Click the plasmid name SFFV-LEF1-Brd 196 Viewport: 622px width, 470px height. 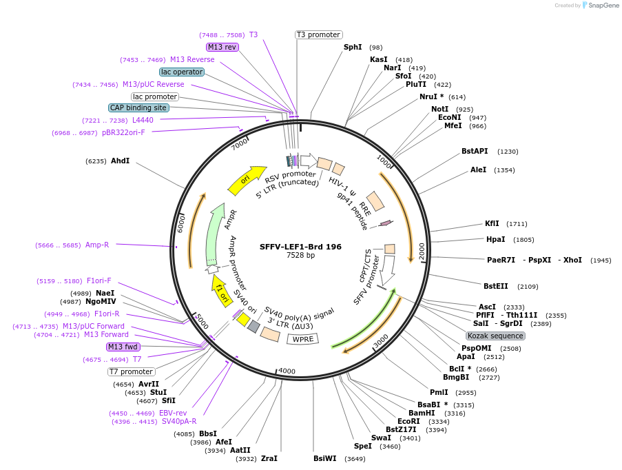click(300, 246)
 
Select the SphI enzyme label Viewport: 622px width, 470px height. click(353, 48)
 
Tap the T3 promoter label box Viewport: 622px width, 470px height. click(319, 34)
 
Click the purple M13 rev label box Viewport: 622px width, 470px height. click(222, 47)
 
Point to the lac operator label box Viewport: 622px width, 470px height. click(182, 72)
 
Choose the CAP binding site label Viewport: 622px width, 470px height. click(138, 108)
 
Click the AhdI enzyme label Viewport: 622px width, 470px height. click(120, 161)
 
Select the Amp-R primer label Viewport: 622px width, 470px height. click(97, 245)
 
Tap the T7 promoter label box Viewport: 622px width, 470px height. click(131, 371)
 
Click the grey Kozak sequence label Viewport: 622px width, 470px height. click(495, 336)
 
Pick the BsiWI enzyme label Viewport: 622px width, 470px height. click(324, 458)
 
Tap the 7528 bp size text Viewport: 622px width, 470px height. click(300, 256)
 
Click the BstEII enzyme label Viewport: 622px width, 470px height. click(496, 286)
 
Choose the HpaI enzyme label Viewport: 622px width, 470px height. click(495, 239)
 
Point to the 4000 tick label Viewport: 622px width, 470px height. click(287, 371)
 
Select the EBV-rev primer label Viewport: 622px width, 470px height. click(173, 413)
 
